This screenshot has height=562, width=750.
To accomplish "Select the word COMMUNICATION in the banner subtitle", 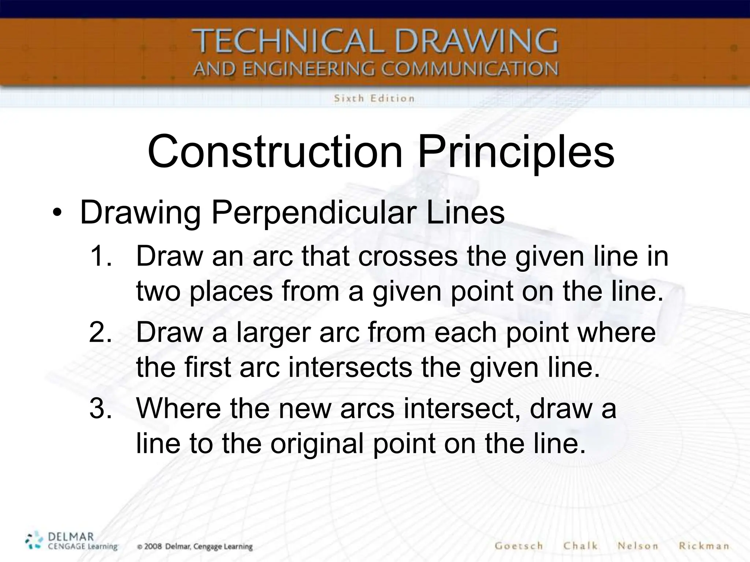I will coord(470,69).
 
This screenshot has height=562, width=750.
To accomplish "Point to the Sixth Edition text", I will coord(374,98).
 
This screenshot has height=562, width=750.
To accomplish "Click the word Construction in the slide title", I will coord(275,151).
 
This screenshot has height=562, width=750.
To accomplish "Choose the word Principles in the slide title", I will coord(516,152).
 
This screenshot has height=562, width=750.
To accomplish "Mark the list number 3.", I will coord(100,408).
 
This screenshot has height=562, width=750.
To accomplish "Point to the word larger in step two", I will coord(273,333).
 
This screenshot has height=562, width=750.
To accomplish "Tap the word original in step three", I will coord(316,443).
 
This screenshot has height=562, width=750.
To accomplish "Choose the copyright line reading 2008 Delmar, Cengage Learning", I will coord(195,547).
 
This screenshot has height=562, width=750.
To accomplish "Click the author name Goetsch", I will coord(519,546).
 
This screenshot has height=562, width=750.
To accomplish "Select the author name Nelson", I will coord(638,546).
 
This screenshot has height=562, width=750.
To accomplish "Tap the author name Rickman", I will coord(703,546).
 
